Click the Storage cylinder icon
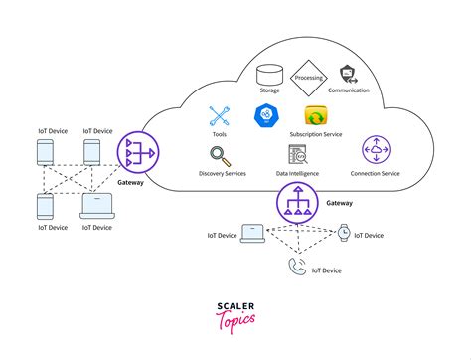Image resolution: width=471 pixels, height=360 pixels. tap(268, 74)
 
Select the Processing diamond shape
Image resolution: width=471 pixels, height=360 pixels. tap(308, 75)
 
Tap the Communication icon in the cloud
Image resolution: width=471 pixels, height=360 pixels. tap(348, 73)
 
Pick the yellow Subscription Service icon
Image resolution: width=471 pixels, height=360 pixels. tap(316, 115)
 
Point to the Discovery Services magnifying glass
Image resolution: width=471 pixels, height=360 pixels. tap(222, 156)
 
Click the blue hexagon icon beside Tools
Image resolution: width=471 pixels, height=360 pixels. tap(268, 115)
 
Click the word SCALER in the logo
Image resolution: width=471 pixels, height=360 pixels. tap(235, 308)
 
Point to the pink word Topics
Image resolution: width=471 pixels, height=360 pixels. tap(235, 324)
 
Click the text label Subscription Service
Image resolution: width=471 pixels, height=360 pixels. tap(317, 134)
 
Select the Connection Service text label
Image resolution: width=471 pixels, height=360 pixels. tap(377, 174)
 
